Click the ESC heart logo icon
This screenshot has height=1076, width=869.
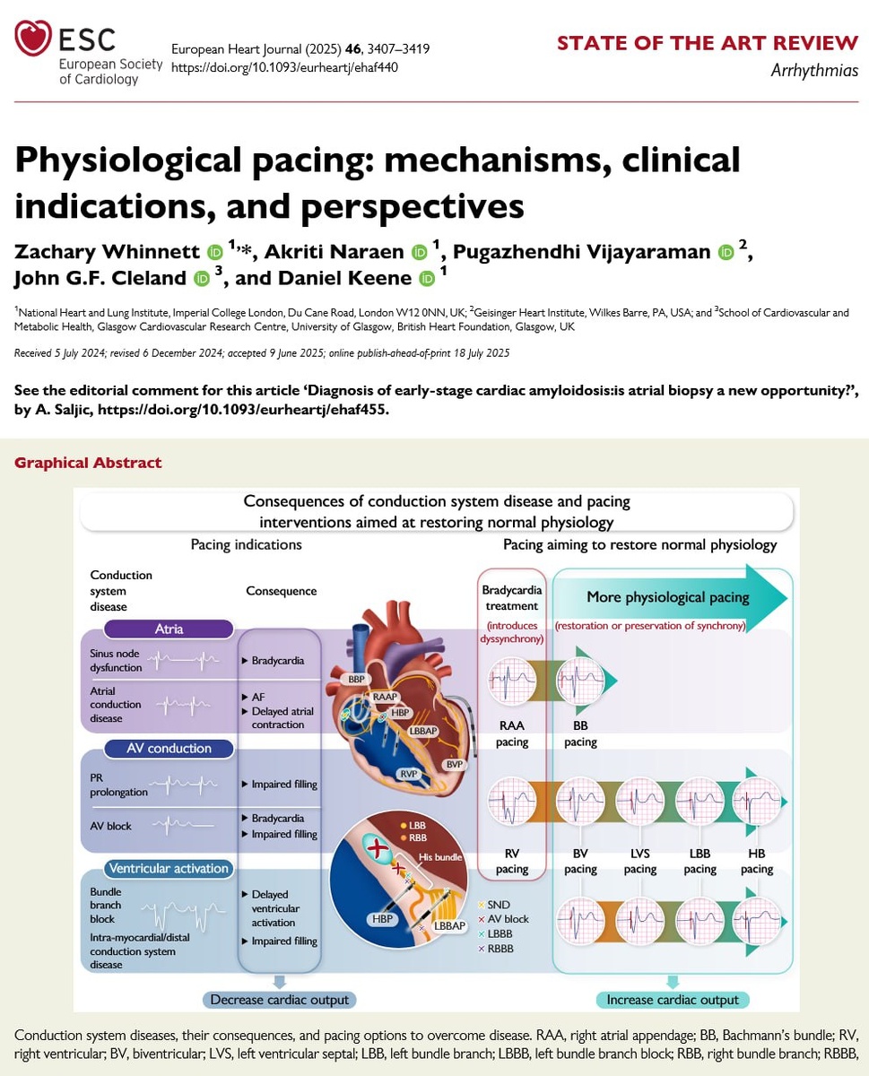[33, 38]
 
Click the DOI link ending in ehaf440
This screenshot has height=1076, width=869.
[284, 67]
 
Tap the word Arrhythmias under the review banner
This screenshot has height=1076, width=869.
[814, 71]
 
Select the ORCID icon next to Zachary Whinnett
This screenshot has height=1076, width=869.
[214, 252]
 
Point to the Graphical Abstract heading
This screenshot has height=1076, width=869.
[88, 463]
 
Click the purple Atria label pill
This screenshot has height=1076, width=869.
[169, 629]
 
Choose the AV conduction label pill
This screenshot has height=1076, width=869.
[169, 748]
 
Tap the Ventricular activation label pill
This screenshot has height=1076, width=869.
[169, 868]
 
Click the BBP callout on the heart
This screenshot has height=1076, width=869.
[356, 679]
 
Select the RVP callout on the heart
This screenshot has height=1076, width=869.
[409, 774]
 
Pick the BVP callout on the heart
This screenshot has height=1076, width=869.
[454, 764]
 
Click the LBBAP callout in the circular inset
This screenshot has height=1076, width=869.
[449, 926]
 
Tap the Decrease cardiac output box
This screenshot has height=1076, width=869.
[280, 1000]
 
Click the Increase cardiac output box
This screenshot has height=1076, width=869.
[673, 1000]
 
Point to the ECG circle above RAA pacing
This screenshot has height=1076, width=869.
[512, 680]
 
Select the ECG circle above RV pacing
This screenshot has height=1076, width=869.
[512, 802]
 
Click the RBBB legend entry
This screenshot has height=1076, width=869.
[496, 949]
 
